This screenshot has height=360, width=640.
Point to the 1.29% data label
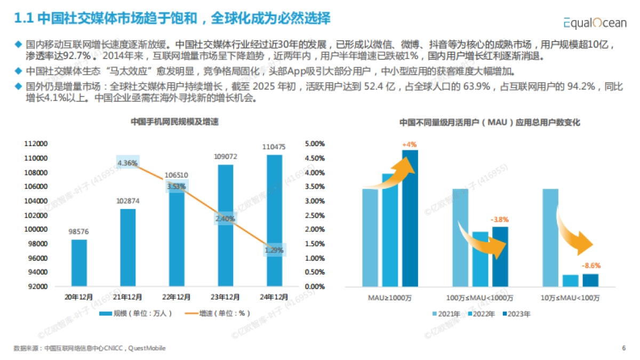click(274, 250)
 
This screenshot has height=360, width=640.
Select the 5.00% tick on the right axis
click(314, 144)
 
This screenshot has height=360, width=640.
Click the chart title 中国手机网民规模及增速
click(175, 122)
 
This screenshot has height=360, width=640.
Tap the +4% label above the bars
click(410, 145)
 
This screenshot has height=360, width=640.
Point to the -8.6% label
click(590, 265)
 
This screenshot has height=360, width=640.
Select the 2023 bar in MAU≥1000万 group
click(410, 218)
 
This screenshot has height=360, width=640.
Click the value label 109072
click(225, 157)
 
